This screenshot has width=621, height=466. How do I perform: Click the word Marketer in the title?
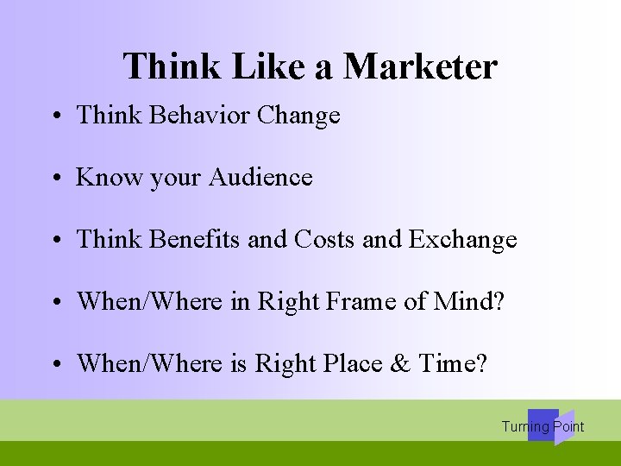coord(420,66)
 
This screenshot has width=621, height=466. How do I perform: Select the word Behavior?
coord(193,116)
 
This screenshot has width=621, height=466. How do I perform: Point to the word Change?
coord(298,116)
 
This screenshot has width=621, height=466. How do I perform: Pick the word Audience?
coord(259,178)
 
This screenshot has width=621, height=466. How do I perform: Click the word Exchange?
coord(462,239)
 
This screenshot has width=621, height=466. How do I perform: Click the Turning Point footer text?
coord(543,426)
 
